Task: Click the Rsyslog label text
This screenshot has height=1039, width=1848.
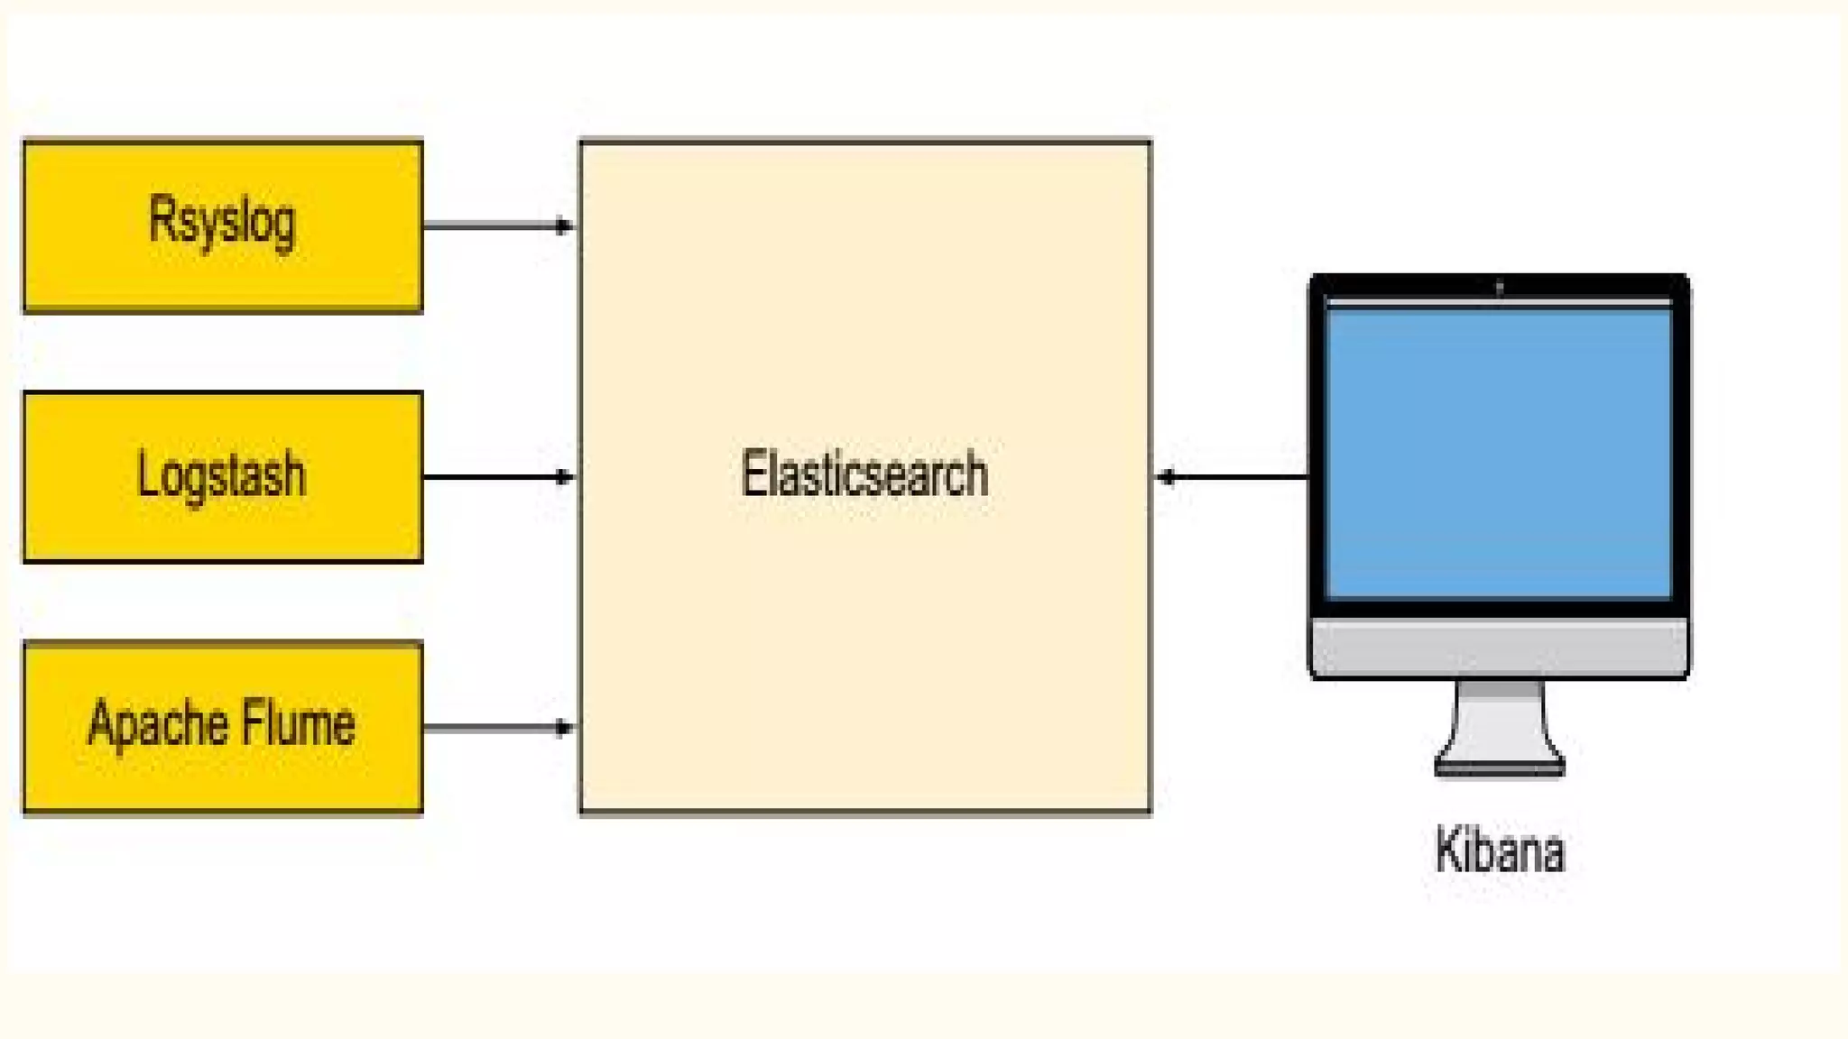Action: [x=222, y=221]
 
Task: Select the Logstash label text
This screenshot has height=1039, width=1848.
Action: [x=222, y=474]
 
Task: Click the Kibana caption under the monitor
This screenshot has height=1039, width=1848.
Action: [x=1500, y=850]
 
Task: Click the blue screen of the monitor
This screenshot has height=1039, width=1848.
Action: [x=1499, y=451]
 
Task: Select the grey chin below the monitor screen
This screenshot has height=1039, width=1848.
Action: [x=1499, y=646]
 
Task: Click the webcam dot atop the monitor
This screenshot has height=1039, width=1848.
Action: [x=1500, y=288]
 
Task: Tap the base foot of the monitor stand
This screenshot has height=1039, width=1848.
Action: [x=1500, y=768]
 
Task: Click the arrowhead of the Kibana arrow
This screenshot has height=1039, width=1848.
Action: [x=1166, y=476]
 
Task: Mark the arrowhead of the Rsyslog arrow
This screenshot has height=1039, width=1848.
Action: [x=565, y=225]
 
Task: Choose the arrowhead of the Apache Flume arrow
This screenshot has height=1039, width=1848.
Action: [x=565, y=727]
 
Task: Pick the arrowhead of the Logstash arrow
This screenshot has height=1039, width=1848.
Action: [x=565, y=476]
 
